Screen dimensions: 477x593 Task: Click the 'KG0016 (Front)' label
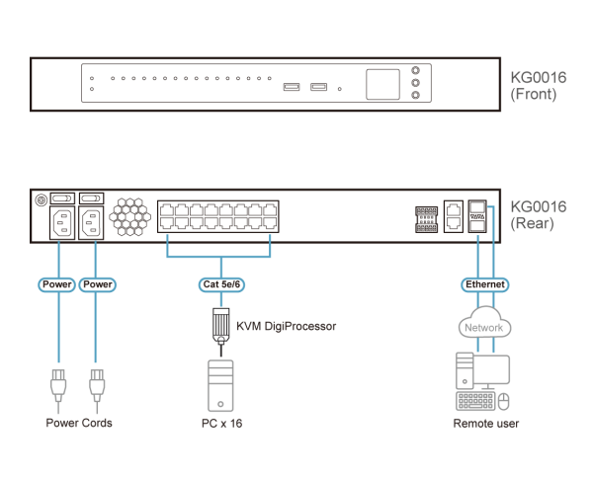click(x=535, y=87)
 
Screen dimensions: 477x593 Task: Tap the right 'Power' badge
click(x=97, y=284)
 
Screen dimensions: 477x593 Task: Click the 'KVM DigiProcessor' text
click(x=287, y=325)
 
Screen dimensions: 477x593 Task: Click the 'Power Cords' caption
click(x=79, y=423)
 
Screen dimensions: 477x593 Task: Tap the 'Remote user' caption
click(x=485, y=423)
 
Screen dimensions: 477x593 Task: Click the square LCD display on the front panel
click(x=382, y=84)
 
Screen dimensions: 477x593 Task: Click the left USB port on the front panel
click(x=291, y=89)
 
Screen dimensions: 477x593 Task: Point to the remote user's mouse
click(x=505, y=401)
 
